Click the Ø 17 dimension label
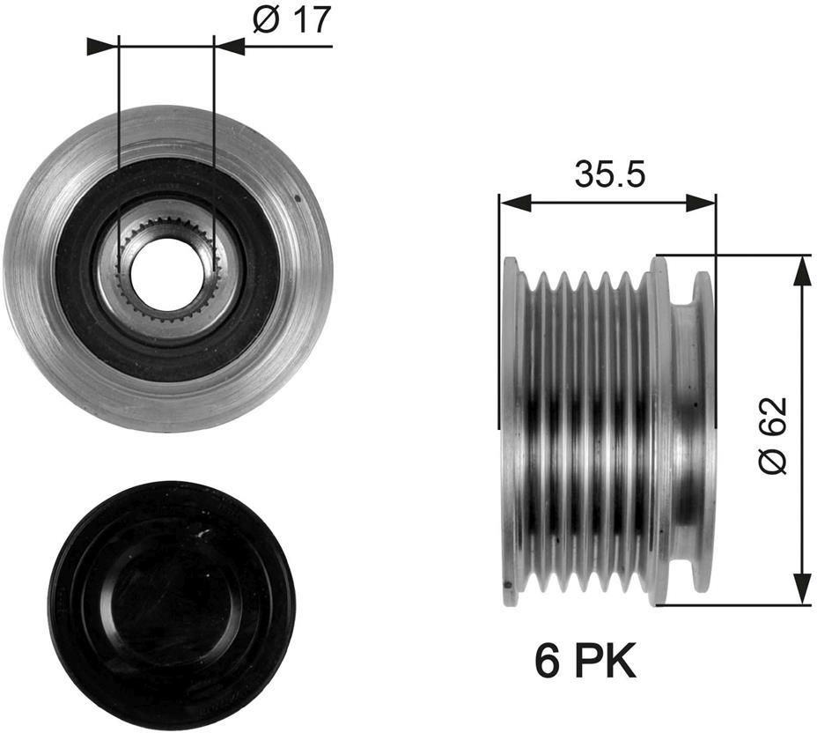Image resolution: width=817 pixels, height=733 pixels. tap(291, 19)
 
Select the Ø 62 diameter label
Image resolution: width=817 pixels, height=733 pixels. tap(772, 436)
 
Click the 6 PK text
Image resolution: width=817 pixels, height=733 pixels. tap(585, 660)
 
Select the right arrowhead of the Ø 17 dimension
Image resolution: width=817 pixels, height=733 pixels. tap(230, 46)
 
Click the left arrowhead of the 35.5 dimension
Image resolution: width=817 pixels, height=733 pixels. tap(515, 204)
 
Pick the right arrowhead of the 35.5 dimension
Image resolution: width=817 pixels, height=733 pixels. tap(701, 204)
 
